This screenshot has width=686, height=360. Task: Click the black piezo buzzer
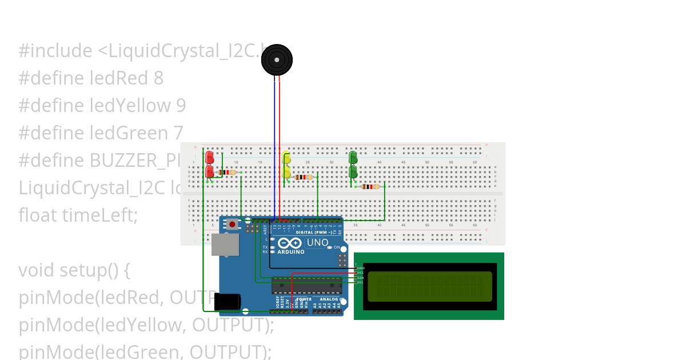tap(277, 59)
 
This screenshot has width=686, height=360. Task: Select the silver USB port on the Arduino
tap(225, 245)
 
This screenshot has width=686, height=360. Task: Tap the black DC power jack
tap(228, 302)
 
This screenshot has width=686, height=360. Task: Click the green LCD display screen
tap(429, 286)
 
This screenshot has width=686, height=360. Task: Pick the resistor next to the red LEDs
tap(228, 172)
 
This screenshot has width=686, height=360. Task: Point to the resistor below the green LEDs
tap(370, 186)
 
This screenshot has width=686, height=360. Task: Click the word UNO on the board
tap(317, 242)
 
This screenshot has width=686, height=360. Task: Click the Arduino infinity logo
tap(289, 242)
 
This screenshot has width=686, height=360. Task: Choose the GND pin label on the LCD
tap(361, 267)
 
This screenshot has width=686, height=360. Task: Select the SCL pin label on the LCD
tap(361, 282)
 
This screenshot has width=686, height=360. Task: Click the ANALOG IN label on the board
tap(330, 299)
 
